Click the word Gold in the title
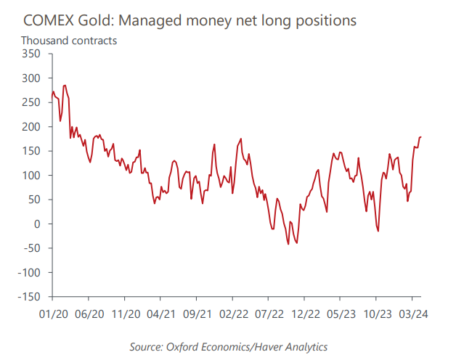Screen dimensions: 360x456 point(102,20)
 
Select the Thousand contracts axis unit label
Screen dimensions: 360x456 point(69,40)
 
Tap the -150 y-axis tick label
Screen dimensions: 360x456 point(30,297)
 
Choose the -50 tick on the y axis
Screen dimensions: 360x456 point(33,248)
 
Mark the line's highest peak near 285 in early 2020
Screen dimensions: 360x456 point(65,85)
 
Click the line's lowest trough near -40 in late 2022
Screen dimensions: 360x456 point(288,244)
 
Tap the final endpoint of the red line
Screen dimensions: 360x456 point(420,137)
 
